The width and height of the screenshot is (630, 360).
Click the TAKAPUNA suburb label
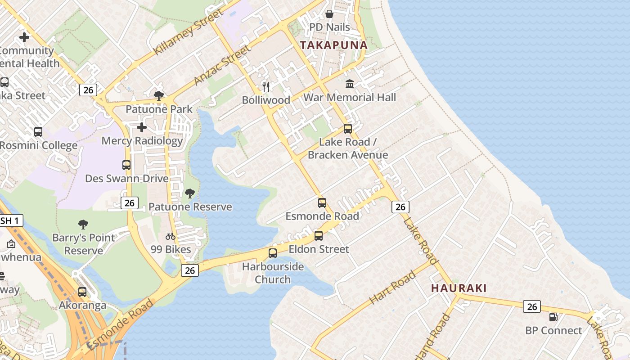333,45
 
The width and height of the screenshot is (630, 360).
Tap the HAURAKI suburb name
459,288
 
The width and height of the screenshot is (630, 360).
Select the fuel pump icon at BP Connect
553,317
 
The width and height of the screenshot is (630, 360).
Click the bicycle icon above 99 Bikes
171,236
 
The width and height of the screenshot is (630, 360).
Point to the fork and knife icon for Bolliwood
266,86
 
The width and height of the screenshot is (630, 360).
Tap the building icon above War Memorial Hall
350,84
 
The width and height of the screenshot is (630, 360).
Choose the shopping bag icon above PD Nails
329,14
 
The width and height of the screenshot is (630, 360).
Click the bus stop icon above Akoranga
82,292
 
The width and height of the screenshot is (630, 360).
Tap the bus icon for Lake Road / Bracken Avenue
348,129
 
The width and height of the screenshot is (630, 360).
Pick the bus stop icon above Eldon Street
319,236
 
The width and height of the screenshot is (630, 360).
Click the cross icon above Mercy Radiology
142,127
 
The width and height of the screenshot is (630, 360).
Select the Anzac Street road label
222,65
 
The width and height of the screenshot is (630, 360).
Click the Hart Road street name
392,287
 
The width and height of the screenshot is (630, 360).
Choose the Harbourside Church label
273,273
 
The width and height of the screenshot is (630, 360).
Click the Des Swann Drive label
127,178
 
